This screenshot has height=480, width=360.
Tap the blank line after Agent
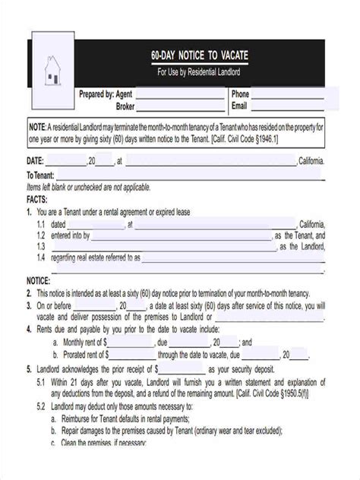point(180,96)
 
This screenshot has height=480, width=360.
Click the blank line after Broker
point(180,108)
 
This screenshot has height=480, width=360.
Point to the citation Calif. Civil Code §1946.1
point(238,140)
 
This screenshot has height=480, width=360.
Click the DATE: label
point(36,161)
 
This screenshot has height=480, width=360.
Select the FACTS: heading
point(37,199)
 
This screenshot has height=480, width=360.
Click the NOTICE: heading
point(39,280)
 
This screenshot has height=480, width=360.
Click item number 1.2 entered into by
point(68,236)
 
